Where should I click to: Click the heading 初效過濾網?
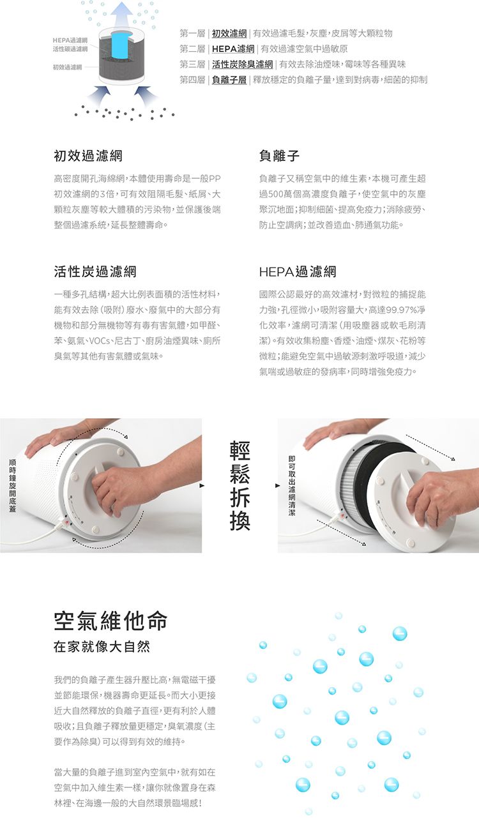(88, 156)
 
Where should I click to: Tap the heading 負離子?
(279, 156)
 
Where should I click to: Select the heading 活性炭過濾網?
(95, 271)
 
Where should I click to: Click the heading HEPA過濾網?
(298, 271)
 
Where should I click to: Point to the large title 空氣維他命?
(110, 621)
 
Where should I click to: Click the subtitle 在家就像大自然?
(102, 647)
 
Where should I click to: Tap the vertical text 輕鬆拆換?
(240, 485)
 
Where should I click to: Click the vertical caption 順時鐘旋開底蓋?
(13, 485)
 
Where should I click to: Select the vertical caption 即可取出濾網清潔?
(292, 485)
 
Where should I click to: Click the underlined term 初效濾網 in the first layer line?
(229, 34)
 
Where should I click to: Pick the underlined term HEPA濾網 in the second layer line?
(233, 49)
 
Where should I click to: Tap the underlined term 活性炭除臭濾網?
(243, 64)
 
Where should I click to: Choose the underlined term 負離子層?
(229, 80)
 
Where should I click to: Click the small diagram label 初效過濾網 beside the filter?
(67, 67)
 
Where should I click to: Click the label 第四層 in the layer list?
(192, 80)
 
